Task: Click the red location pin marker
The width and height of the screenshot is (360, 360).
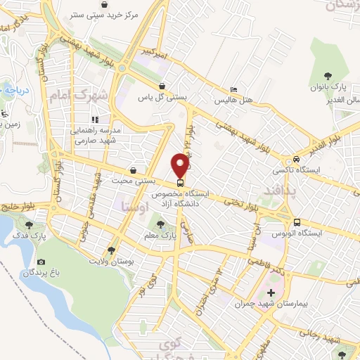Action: pyautogui.click(x=180, y=165)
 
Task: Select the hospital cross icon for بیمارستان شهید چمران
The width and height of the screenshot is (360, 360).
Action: pyautogui.click(x=271, y=292)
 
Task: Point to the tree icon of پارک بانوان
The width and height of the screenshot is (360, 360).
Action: pyautogui.click(x=328, y=75)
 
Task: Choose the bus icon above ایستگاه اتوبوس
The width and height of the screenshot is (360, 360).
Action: pyautogui.click(x=297, y=219)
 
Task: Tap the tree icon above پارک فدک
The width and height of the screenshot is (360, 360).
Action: pyautogui.click(x=29, y=225)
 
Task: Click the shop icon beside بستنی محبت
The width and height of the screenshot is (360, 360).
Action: pyautogui.click(x=134, y=170)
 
